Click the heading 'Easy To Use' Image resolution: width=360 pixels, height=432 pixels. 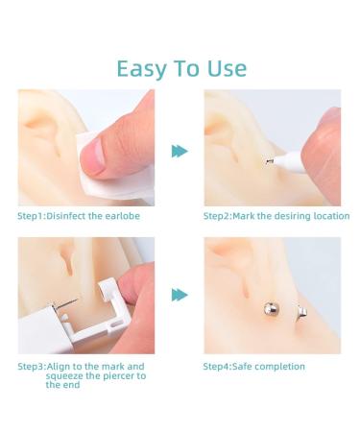(180, 68)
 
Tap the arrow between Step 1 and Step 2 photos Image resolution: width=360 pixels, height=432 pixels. (179, 151)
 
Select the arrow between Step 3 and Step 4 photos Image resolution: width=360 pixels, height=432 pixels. (179, 295)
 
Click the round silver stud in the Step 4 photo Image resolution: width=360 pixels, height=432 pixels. (271, 310)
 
